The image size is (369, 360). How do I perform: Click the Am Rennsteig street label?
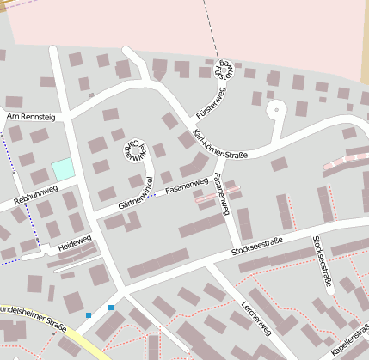(29, 115)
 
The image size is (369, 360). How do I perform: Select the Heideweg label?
(74, 243)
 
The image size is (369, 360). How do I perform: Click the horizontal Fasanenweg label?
(187, 185)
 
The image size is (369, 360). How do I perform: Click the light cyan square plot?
(62, 169)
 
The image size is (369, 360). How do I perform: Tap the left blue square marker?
(89, 315)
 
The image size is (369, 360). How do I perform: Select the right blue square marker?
(111, 307)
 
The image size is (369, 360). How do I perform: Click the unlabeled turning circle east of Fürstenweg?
(275, 108)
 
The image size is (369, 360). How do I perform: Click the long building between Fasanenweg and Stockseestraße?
(202, 226)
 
